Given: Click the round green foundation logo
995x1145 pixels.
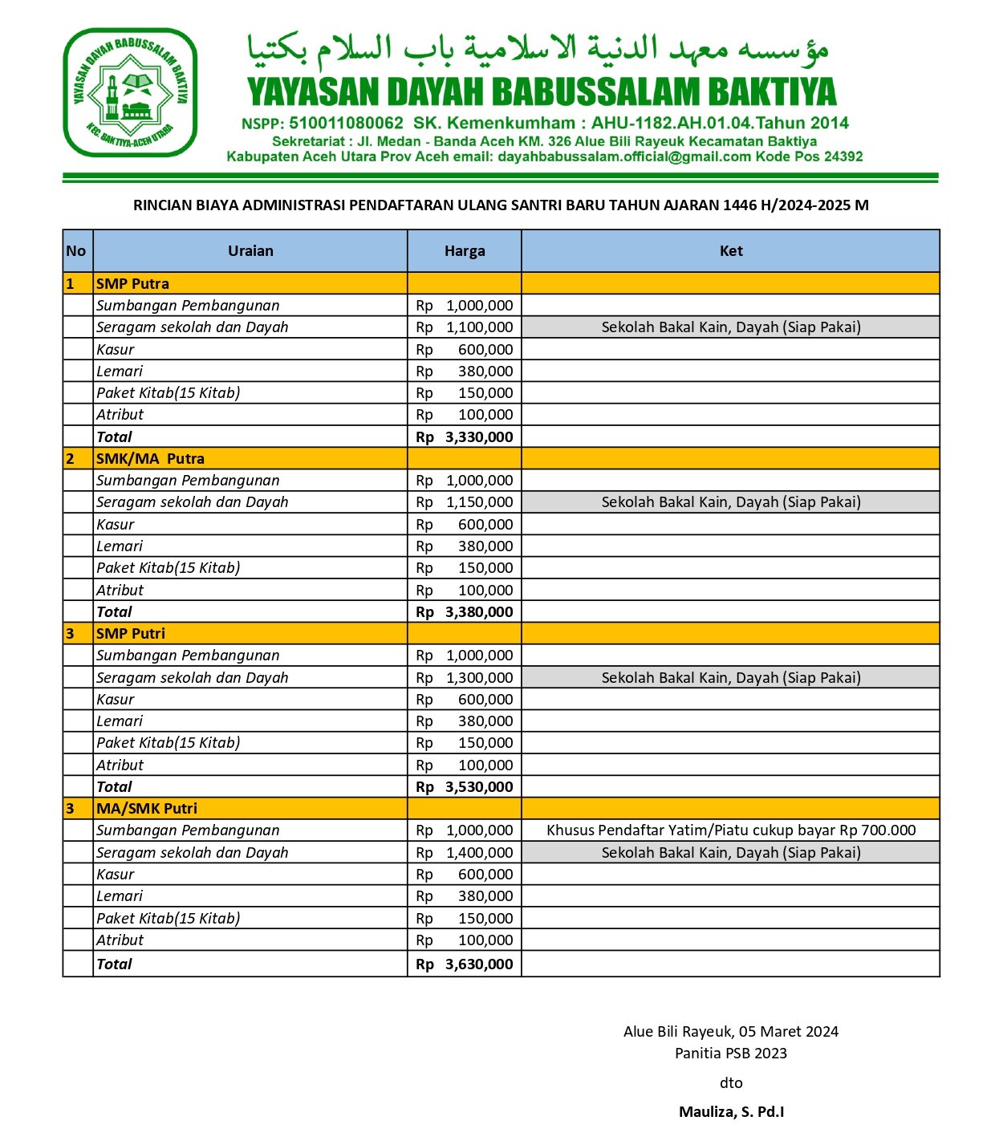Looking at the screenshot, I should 131,93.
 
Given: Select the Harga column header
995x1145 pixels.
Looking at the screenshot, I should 465,251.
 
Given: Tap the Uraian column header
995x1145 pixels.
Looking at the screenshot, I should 250,251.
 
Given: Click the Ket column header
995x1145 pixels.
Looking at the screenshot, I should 731,251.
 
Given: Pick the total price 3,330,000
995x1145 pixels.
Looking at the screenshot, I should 478,437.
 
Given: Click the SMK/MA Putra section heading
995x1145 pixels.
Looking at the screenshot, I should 150,459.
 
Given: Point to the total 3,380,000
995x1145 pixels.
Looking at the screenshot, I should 478,612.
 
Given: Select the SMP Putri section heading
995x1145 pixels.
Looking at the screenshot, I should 131,634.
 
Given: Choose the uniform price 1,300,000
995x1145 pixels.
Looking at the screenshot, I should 479,678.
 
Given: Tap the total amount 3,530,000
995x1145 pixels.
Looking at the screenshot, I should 478,787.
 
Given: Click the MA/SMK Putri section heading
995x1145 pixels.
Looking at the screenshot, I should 147,809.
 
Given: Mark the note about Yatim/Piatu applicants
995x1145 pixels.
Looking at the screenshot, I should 731,830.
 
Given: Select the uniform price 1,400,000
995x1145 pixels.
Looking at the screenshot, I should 479,853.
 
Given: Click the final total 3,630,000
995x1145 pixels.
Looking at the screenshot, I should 478,964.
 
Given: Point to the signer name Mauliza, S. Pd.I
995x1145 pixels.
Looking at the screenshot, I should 731,1112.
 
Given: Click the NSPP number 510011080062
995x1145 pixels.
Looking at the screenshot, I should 346,124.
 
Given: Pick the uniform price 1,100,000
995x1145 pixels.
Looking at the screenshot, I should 479,327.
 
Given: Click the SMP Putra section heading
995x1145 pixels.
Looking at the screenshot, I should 132,284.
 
